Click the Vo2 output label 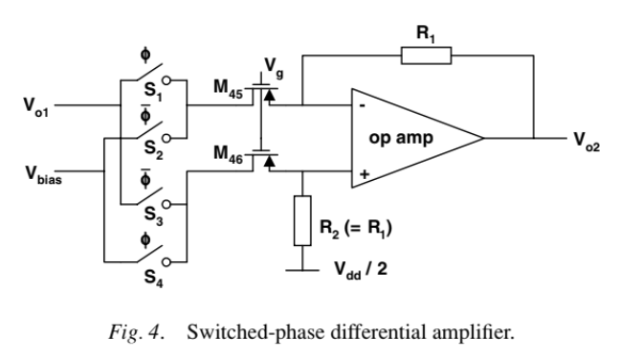pos(585,140)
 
